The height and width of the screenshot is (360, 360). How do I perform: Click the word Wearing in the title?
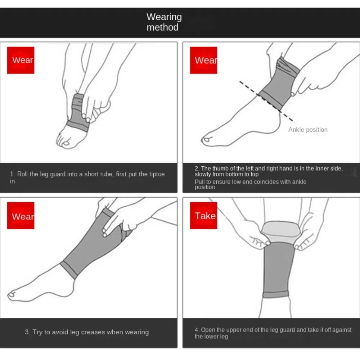coord(164,17)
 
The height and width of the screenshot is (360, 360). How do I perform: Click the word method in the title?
coord(163,27)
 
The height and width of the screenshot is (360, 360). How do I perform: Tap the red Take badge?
coord(203,215)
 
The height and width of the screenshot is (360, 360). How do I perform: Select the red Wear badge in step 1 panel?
coord(21,60)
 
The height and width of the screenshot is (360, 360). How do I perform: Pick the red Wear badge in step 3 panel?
coord(21,215)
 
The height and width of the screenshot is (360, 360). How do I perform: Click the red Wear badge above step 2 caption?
coord(203,60)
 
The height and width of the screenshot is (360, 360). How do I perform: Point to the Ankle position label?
coord(308,130)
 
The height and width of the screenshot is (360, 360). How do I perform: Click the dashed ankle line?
coord(266,101)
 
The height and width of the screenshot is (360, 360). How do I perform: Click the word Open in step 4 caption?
coord(208,330)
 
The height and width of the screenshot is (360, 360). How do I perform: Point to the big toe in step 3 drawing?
coord(12,295)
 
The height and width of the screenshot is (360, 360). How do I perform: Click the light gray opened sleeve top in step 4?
coord(281,231)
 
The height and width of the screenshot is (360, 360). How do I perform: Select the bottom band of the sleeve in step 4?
coord(275,294)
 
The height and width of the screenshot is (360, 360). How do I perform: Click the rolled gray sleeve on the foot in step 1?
coord(78,112)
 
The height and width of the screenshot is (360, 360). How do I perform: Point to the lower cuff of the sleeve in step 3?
coord(69,270)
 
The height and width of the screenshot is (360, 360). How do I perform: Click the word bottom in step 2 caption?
coord(235,174)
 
